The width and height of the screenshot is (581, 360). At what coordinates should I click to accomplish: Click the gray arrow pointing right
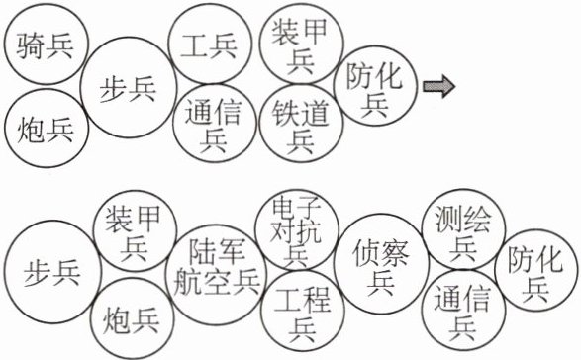pos(439,86)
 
